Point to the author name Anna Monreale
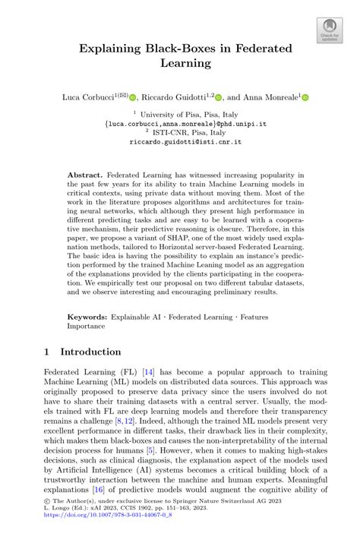pos(271,97)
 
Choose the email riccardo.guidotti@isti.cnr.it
pos(179,140)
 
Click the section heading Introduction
pos(90,352)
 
